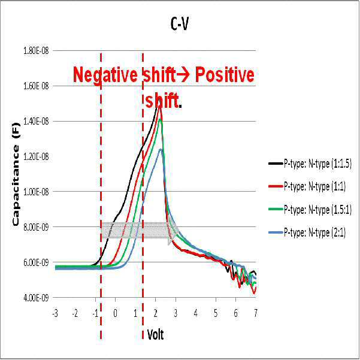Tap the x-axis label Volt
tap(155, 334)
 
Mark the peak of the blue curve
tap(161, 150)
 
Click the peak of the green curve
tap(160, 119)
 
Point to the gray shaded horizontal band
tap(137, 230)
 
